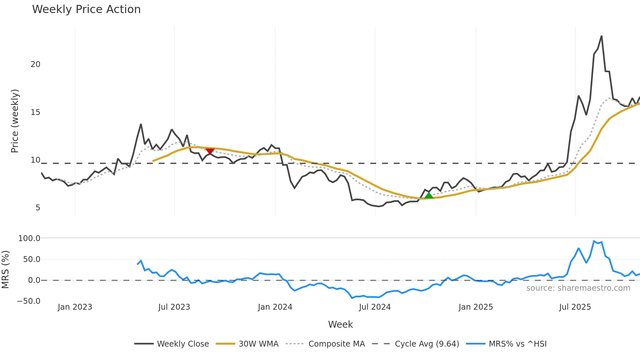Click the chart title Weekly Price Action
(86, 9)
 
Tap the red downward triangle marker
(210, 151)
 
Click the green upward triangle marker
(428, 195)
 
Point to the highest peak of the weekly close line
(601, 36)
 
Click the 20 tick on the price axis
(36, 64)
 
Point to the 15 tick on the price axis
(36, 112)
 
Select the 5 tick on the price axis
(38, 208)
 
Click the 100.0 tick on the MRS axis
(29, 238)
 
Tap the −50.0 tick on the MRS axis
(29, 301)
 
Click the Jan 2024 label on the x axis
(275, 307)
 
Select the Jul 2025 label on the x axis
(575, 307)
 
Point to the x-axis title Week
(340, 324)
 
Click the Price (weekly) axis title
(15, 121)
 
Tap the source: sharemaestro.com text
(578, 288)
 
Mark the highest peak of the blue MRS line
(594, 241)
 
